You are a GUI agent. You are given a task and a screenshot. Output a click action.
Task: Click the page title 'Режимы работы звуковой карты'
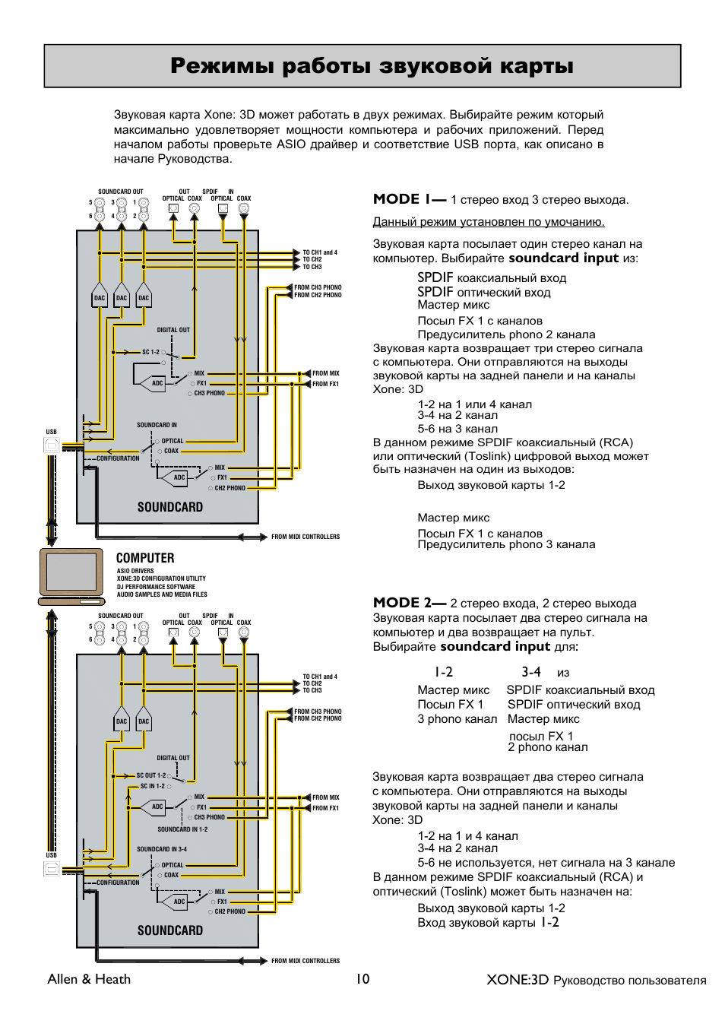click(x=372, y=66)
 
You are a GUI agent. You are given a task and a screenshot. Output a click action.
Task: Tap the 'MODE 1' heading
click(x=409, y=199)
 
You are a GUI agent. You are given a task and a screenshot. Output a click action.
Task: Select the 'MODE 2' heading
click(x=409, y=603)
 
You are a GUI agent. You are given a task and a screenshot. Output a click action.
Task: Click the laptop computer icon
click(x=71, y=575)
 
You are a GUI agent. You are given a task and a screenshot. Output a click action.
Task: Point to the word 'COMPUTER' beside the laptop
click(x=145, y=558)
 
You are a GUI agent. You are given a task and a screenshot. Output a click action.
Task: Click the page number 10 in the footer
click(x=362, y=979)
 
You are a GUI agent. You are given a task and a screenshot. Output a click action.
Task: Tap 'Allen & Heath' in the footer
click(x=89, y=979)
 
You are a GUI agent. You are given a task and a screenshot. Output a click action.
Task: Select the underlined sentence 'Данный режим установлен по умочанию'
click(x=488, y=222)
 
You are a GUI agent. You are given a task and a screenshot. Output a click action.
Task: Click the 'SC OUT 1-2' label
click(x=151, y=775)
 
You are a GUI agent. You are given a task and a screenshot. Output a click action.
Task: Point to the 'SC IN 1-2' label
click(x=152, y=786)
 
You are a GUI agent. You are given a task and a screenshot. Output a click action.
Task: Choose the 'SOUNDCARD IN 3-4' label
click(x=162, y=849)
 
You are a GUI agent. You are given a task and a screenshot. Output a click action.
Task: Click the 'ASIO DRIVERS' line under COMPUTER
click(x=135, y=571)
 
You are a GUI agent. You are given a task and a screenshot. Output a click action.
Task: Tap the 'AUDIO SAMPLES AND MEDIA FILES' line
click(x=162, y=594)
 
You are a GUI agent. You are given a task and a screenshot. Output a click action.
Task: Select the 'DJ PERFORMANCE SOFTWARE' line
click(x=156, y=587)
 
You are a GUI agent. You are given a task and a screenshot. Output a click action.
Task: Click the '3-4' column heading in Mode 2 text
click(x=531, y=672)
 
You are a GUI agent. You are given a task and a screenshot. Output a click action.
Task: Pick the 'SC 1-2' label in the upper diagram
click(x=150, y=352)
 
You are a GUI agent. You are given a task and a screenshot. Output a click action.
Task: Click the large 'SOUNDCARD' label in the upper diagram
click(x=170, y=507)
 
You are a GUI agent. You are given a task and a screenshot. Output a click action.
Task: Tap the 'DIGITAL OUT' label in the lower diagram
click(x=173, y=758)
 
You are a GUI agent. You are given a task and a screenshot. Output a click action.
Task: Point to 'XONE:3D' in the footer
click(x=518, y=980)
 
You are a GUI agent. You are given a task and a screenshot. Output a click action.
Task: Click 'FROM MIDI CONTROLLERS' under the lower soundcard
click(x=306, y=961)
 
